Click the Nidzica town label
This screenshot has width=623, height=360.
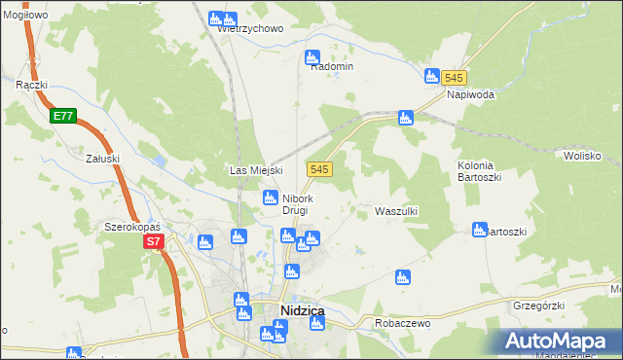point(302,310)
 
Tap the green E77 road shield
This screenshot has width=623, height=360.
point(63,116)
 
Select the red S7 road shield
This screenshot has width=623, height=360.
point(153,241)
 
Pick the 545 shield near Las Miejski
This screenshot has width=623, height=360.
point(320,169)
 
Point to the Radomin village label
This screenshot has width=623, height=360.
point(331,66)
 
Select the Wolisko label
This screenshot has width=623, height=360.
point(582,155)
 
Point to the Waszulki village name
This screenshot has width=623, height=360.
point(396,210)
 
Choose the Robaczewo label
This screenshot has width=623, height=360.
point(389,321)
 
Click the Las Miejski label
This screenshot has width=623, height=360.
point(255,170)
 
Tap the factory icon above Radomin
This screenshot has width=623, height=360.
point(312,57)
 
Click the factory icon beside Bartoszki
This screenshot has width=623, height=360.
point(479,230)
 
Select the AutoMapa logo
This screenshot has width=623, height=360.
point(560,342)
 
